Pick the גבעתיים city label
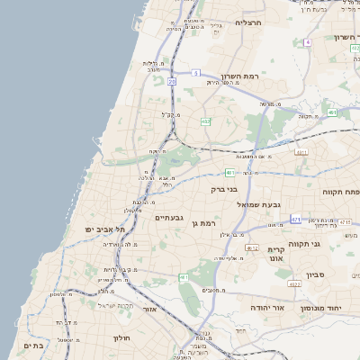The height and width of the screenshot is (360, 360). click(169, 218)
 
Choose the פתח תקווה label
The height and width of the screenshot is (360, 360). click(340, 192)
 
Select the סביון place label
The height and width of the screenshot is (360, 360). click(328, 272)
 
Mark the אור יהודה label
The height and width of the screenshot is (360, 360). click(266, 308)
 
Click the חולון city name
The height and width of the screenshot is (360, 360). click(122, 337)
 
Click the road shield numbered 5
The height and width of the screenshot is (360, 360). click(195, 72)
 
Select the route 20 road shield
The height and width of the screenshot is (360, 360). click(172, 81)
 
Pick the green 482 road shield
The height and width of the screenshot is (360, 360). click(206, 121)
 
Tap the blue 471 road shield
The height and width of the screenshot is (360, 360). click(295, 219)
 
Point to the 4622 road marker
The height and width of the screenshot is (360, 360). click(294, 283)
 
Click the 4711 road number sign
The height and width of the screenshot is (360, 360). click(301, 152)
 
